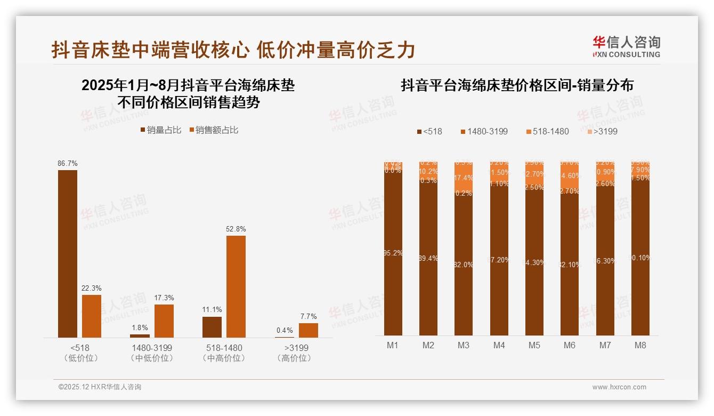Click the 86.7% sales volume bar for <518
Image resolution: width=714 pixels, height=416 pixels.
(x=68, y=253)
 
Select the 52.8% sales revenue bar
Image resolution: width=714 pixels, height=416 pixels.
(x=236, y=286)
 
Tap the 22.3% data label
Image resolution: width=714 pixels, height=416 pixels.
(x=92, y=288)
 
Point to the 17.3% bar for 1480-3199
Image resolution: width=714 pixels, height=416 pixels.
(x=164, y=321)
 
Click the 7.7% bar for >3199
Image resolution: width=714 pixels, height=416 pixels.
(x=309, y=330)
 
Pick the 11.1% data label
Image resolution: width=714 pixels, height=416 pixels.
(x=212, y=310)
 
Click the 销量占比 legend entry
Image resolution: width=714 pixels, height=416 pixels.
(x=160, y=130)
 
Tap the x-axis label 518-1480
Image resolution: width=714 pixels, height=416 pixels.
(x=224, y=348)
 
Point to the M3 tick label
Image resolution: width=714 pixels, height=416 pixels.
(x=464, y=345)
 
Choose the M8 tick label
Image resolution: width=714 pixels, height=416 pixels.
(x=640, y=345)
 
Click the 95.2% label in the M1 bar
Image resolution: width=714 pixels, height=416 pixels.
(x=393, y=253)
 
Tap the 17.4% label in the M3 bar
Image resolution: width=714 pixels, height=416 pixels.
(x=464, y=178)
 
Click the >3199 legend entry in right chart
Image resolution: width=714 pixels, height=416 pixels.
(x=603, y=131)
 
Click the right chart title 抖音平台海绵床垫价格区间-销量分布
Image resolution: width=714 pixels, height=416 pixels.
(x=517, y=85)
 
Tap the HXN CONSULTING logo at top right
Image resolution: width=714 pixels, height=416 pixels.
(x=626, y=47)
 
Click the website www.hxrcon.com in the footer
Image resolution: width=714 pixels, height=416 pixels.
(x=619, y=387)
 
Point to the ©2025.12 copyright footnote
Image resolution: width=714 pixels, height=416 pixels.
(x=100, y=387)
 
